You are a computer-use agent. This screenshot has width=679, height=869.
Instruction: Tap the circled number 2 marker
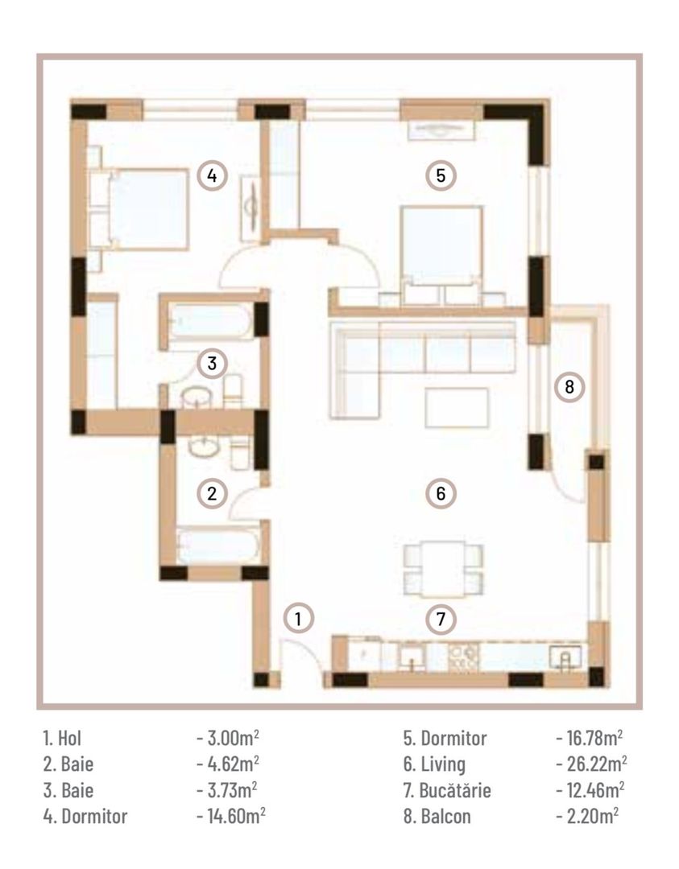(212, 493)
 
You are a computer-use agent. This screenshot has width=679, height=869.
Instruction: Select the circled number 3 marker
(212, 363)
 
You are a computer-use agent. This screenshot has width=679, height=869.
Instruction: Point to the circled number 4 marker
(212, 175)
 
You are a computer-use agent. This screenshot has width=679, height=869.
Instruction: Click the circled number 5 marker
(441, 175)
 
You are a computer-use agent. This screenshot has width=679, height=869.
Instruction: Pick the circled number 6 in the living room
(441, 493)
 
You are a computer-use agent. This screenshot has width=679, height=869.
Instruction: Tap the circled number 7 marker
(441, 619)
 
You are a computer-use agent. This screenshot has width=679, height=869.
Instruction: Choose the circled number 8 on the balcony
(569, 387)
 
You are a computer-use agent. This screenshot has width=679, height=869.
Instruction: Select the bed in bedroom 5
(441, 245)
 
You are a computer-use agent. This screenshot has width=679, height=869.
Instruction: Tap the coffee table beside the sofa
(457, 406)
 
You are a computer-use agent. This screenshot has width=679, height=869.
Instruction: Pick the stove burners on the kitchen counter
(465, 657)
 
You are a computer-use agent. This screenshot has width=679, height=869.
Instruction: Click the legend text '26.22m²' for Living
(591, 763)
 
